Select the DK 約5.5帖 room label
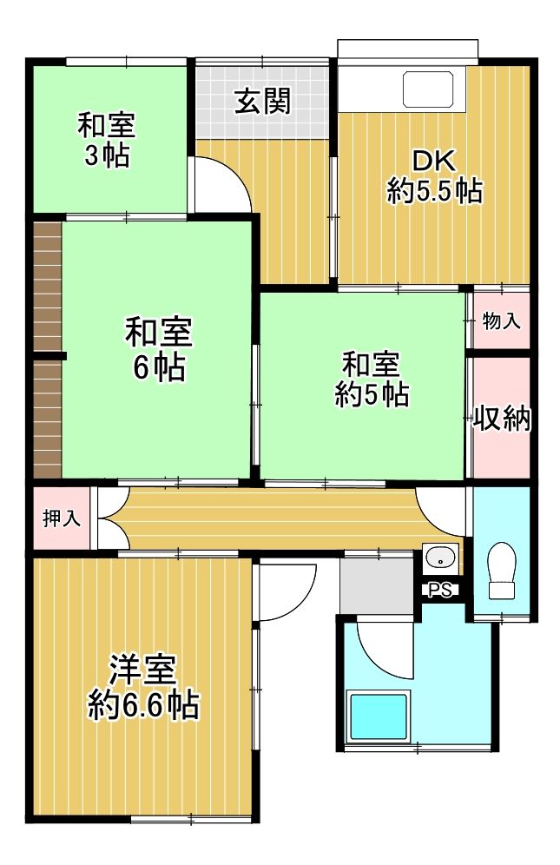tap(434, 176)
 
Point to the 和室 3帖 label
tap(106, 140)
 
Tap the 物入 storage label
tap(501, 321)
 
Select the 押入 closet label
tap(62, 519)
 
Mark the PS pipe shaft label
tap(440, 591)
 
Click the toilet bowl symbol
tap(502, 570)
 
